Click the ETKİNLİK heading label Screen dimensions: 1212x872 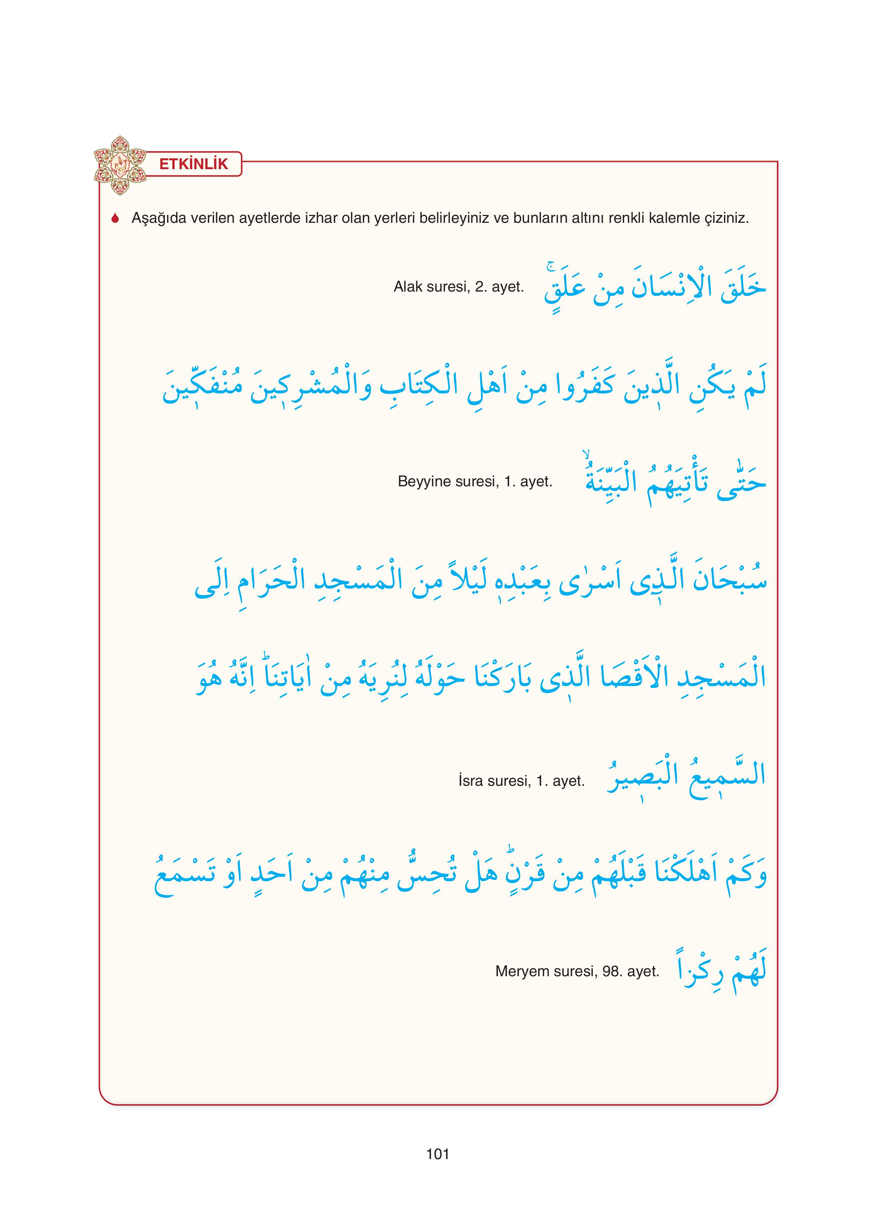194,164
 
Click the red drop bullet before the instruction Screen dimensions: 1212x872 114,218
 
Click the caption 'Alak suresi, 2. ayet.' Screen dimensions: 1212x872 459,287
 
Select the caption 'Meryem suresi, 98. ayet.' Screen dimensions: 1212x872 577,971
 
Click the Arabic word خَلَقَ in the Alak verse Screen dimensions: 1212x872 743,288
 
